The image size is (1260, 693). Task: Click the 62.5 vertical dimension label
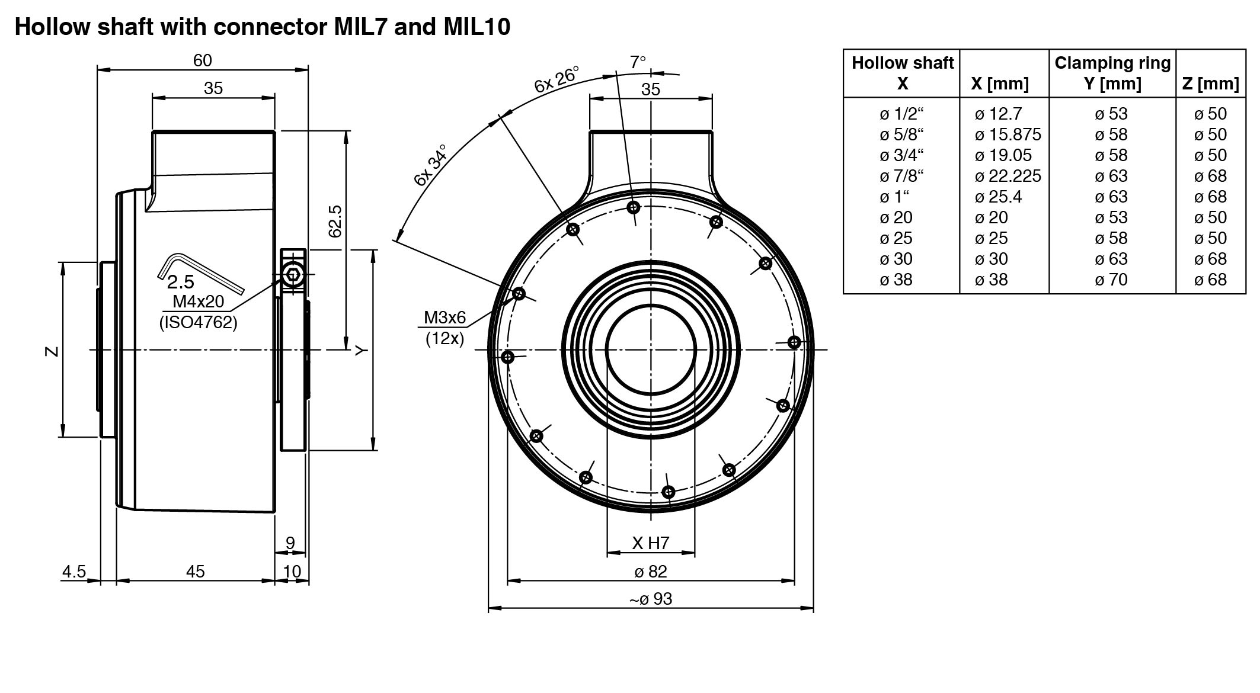click(335, 221)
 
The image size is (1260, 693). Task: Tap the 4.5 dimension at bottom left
click(74, 572)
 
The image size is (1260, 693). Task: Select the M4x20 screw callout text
click(199, 301)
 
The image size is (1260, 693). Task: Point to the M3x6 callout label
click(444, 318)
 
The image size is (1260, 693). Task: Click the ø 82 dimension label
click(651, 572)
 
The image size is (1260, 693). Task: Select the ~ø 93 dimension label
click(651, 599)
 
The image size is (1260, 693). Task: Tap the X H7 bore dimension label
click(651, 543)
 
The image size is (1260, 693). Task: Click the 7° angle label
click(638, 62)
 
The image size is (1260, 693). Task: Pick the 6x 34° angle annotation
click(430, 165)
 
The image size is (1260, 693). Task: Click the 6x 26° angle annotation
click(557, 79)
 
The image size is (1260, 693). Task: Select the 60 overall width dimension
click(202, 60)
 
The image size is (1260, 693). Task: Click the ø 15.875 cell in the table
click(1008, 134)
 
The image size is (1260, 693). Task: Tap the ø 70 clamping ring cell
click(1111, 280)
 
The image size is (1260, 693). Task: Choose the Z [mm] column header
click(1210, 84)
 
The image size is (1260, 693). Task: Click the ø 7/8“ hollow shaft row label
click(901, 176)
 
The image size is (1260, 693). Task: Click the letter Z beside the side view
click(52, 351)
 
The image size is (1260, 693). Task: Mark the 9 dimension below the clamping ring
click(290, 543)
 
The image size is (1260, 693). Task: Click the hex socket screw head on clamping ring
click(292, 275)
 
